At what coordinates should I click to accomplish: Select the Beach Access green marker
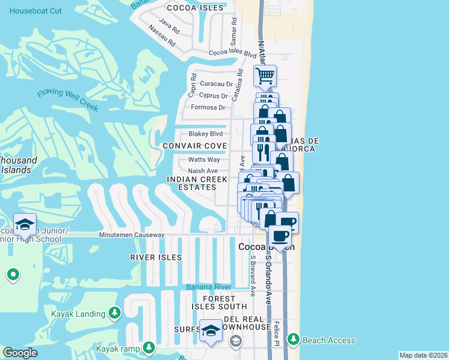click(293, 340)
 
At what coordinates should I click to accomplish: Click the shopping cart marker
click(265, 76)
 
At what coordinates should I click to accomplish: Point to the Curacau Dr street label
click(217, 85)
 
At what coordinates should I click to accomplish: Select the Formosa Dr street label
click(208, 108)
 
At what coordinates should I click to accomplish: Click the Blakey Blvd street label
click(205, 134)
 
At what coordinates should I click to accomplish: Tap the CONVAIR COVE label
click(195, 146)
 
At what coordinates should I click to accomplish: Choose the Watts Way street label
click(204, 160)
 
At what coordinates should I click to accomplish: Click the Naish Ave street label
click(203, 171)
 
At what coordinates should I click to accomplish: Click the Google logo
click(20, 353)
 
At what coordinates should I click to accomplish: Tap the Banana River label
click(208, 287)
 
